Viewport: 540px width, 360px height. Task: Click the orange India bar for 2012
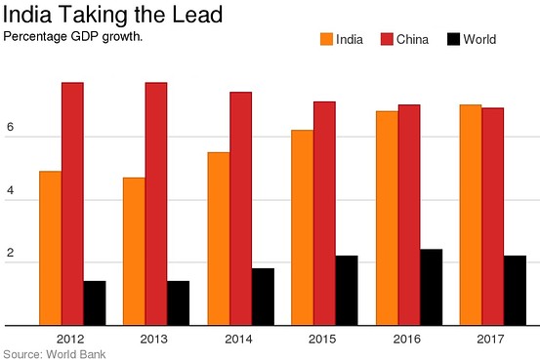(x=50, y=248)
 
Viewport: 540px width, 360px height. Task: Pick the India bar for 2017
(x=471, y=215)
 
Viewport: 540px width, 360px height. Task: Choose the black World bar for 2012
(x=94, y=302)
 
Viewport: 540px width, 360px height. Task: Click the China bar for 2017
(x=493, y=216)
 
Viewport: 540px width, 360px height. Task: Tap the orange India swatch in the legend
(x=325, y=40)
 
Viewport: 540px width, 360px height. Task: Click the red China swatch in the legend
(x=387, y=40)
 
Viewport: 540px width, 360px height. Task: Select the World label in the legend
(x=481, y=40)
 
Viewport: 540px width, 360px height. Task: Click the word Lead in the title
(x=195, y=16)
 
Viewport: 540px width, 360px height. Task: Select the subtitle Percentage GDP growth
(x=74, y=36)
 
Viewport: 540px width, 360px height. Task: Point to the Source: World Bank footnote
(x=55, y=352)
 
